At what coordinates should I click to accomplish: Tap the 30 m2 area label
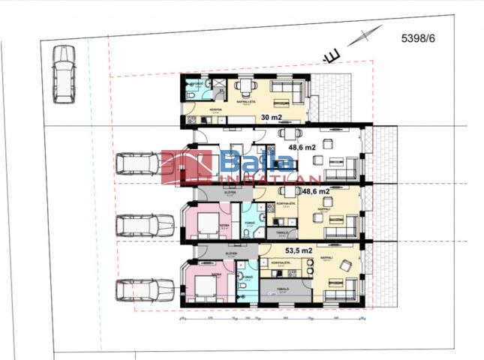tap(272, 117)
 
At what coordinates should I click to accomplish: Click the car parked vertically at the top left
tap(64, 73)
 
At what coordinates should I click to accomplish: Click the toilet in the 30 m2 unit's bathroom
tap(192, 95)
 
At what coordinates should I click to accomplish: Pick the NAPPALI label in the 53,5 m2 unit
tap(327, 257)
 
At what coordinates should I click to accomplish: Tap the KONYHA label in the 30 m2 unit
tap(194, 108)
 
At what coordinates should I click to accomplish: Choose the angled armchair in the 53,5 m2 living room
tap(345, 265)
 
